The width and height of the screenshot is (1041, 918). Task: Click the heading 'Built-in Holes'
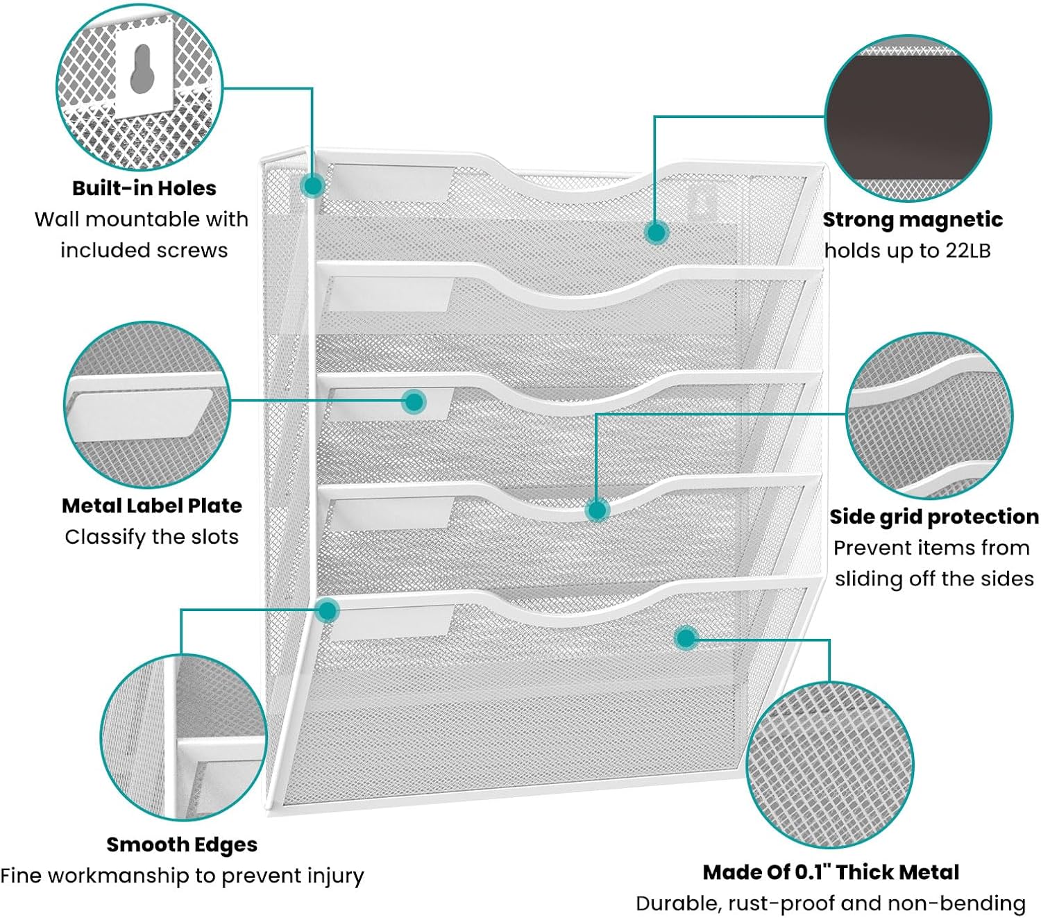coord(144,188)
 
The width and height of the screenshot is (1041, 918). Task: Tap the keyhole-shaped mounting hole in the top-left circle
coord(141,69)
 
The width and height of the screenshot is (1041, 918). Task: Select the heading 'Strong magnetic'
coord(913,219)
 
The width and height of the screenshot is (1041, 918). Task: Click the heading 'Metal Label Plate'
coord(151,506)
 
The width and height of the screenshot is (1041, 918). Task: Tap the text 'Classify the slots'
coord(151,537)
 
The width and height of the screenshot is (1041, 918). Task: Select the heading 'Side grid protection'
coord(933,517)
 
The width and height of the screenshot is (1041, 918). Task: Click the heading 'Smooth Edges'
coord(182,844)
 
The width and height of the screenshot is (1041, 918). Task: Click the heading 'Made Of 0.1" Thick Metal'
coord(831,872)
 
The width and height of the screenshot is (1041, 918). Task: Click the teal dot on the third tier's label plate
coord(414,401)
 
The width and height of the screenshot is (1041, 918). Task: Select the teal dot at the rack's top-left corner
coord(313,185)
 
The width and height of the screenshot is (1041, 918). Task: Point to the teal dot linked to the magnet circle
coord(655,232)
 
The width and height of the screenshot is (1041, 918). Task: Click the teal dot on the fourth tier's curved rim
coord(597,510)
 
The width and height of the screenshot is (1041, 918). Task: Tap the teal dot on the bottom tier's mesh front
coord(686,637)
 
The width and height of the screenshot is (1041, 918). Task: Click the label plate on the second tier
coord(389,294)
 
